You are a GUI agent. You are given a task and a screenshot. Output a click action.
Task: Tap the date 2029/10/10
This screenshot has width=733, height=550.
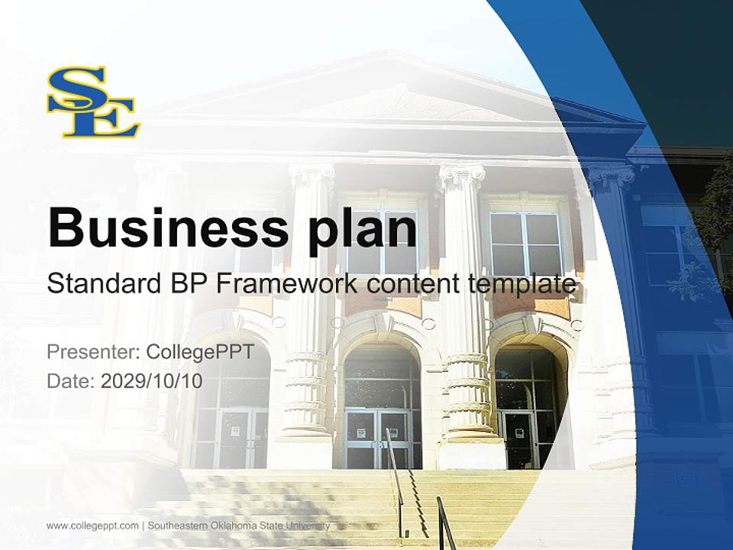[151, 380]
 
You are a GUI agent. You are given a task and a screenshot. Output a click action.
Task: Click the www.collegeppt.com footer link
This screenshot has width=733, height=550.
[92, 526]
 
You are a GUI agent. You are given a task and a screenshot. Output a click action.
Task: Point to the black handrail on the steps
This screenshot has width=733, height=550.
[397, 481]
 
